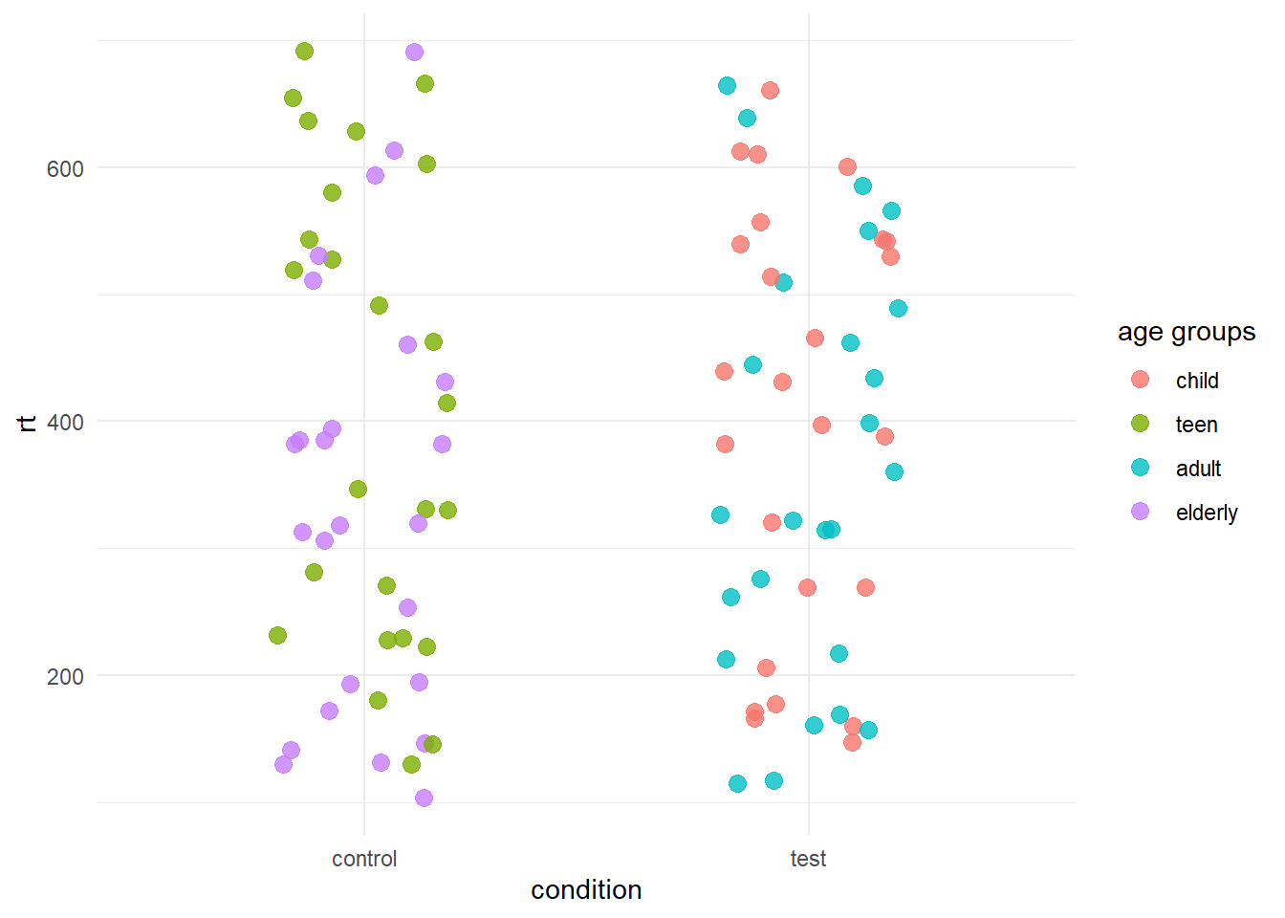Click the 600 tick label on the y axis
pos(65,168)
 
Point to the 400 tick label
pos(65,422)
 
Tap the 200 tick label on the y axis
pos(65,676)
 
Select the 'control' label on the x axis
pos(364,859)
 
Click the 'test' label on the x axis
pos(808,859)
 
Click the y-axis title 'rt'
pos(28,422)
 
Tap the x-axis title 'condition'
pos(586,890)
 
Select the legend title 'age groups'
pos(1186,332)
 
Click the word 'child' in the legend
pos(1197,381)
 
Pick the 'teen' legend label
pos(1196,425)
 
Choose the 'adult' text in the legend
pos(1198,469)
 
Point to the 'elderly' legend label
pos(1207,513)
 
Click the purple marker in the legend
pos(1140,512)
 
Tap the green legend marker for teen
pos(1140,424)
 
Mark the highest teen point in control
pos(304,51)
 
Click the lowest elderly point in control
pos(424,798)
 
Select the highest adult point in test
pos(727,85)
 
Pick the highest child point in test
pos(770,90)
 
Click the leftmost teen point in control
pos(277,635)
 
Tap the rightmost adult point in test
pos(898,308)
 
